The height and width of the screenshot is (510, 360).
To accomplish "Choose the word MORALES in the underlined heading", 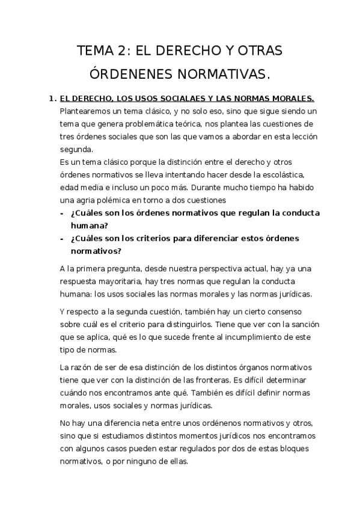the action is [x=290, y=97].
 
